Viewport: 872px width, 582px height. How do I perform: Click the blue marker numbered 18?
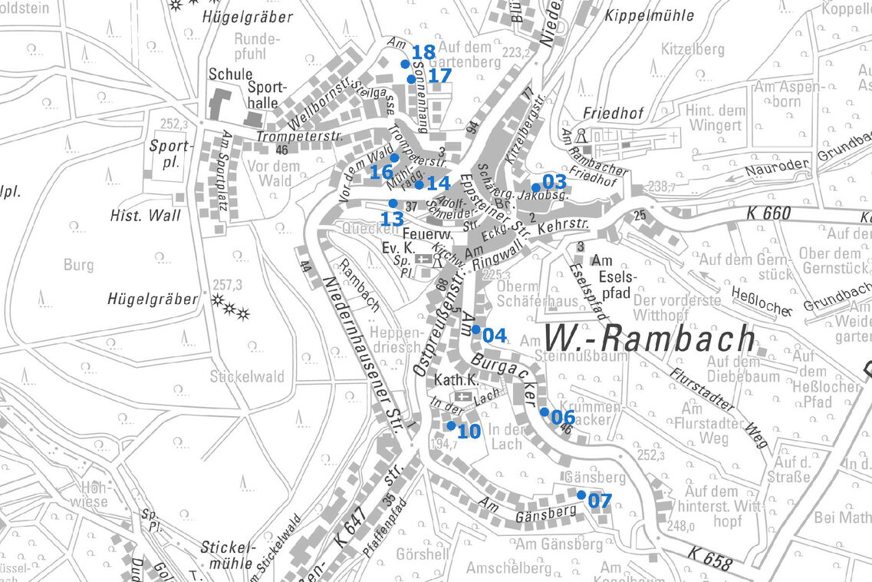click(x=406, y=64)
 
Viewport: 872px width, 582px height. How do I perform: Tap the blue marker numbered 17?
click(x=412, y=79)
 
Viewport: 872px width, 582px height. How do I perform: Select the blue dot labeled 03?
click(x=536, y=187)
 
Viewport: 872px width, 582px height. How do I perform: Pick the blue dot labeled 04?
click(x=476, y=329)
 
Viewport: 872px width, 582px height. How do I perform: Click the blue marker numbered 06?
click(x=545, y=412)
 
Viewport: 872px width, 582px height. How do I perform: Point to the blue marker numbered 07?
click(x=581, y=494)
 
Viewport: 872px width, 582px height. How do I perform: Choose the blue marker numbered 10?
click(x=451, y=425)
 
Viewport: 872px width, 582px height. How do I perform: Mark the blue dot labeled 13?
click(x=393, y=203)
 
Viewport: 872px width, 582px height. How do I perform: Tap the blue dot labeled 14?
click(x=420, y=184)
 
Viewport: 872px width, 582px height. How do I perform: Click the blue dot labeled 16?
click(x=394, y=157)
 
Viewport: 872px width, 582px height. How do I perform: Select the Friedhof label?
click(x=610, y=112)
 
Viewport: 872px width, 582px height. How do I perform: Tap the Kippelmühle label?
click(x=649, y=15)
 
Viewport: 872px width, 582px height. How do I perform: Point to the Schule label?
click(x=230, y=74)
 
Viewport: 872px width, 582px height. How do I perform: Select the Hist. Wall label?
click(x=146, y=216)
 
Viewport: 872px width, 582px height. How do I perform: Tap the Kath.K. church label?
click(x=456, y=380)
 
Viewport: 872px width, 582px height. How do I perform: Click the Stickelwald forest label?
click(x=247, y=377)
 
